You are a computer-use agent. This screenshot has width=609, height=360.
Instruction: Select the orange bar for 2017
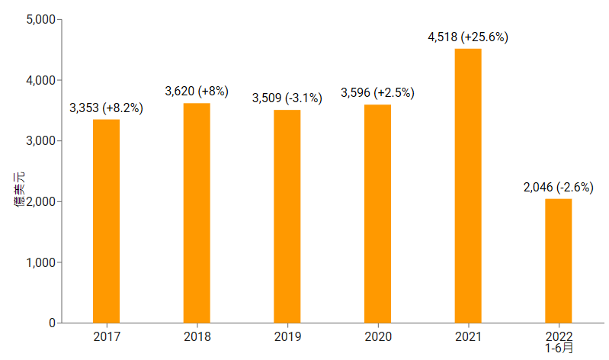pos(106,221)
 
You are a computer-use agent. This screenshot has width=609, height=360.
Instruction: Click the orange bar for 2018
pos(197,213)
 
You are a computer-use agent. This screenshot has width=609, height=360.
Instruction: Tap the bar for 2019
pos(287,217)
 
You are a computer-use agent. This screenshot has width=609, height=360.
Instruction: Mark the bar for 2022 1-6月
pos(559,261)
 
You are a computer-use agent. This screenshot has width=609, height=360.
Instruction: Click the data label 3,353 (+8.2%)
pos(106,108)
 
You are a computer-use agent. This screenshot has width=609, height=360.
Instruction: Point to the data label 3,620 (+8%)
pos(197,92)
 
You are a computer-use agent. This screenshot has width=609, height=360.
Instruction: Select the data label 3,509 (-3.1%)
pos(287,98)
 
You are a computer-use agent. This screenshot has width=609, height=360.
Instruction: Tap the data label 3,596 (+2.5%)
pos(377,93)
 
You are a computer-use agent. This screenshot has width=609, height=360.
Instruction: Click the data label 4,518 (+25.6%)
pos(468,37)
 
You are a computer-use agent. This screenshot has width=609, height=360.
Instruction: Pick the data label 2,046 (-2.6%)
pos(559,187)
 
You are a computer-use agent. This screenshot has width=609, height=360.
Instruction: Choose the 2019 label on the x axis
pos(287,336)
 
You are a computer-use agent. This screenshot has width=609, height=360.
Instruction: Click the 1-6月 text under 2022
pos(559,348)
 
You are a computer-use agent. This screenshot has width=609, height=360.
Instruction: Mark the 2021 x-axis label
pos(468,336)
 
